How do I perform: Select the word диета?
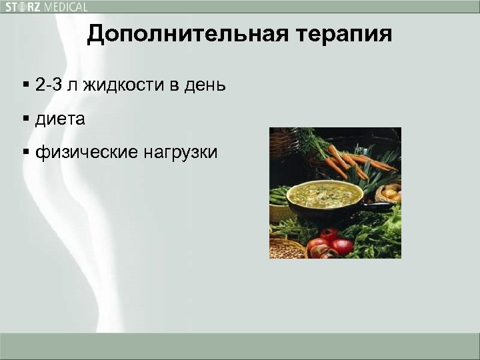pyautogui.click(x=60, y=119)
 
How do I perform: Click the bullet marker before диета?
pyautogui.click(x=25, y=120)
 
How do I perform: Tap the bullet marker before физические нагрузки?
pyautogui.click(x=25, y=153)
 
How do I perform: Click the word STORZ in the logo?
pyautogui.click(x=22, y=7)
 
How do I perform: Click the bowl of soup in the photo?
pyautogui.click(x=325, y=196)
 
